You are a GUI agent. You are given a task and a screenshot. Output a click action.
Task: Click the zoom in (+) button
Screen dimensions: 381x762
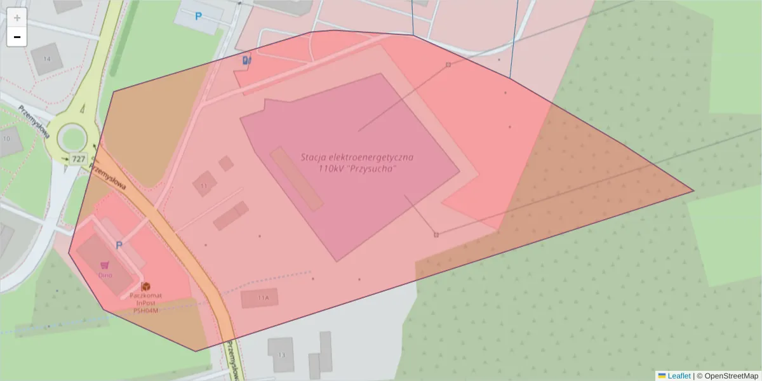pos(17,18)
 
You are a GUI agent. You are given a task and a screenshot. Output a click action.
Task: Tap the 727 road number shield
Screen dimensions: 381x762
pos(79,159)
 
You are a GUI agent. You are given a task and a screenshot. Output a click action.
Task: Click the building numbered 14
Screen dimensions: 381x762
pos(46,58)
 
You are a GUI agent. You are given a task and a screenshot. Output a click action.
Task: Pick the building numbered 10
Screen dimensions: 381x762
pos(8,139)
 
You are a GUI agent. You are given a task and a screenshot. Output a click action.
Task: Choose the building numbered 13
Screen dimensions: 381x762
pos(281,355)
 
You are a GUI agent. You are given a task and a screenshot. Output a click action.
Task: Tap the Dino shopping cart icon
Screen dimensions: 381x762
pos(105,265)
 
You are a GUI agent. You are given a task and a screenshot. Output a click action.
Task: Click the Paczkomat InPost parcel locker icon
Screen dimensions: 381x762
pos(145,286)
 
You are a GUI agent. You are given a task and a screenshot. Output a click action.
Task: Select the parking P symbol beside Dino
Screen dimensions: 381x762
pos(119,245)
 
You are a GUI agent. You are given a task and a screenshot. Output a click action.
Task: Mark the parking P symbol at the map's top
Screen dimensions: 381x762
pos(198,17)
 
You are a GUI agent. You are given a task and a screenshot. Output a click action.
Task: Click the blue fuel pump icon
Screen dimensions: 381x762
pos(246,60)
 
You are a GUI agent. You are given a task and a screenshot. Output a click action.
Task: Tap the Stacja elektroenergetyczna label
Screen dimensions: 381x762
pos(358,162)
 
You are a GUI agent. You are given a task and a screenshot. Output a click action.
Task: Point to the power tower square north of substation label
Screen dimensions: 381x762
pos(448,65)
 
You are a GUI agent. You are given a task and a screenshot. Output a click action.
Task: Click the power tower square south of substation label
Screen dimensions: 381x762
pos(436,235)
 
